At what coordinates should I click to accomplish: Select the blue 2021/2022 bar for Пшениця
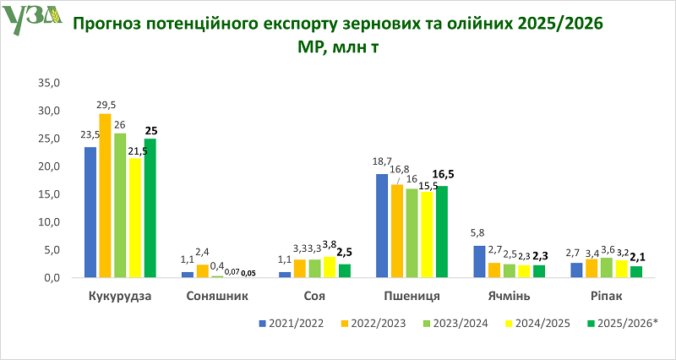[382, 226]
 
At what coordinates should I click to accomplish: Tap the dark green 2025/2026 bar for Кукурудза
[150, 208]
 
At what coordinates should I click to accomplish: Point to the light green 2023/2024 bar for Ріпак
[608, 267]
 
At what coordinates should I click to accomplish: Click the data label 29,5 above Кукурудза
[105, 105]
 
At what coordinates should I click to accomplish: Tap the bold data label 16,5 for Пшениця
[444, 175]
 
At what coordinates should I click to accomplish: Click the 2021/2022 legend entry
[290, 324]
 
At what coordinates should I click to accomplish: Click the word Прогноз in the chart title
[107, 23]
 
